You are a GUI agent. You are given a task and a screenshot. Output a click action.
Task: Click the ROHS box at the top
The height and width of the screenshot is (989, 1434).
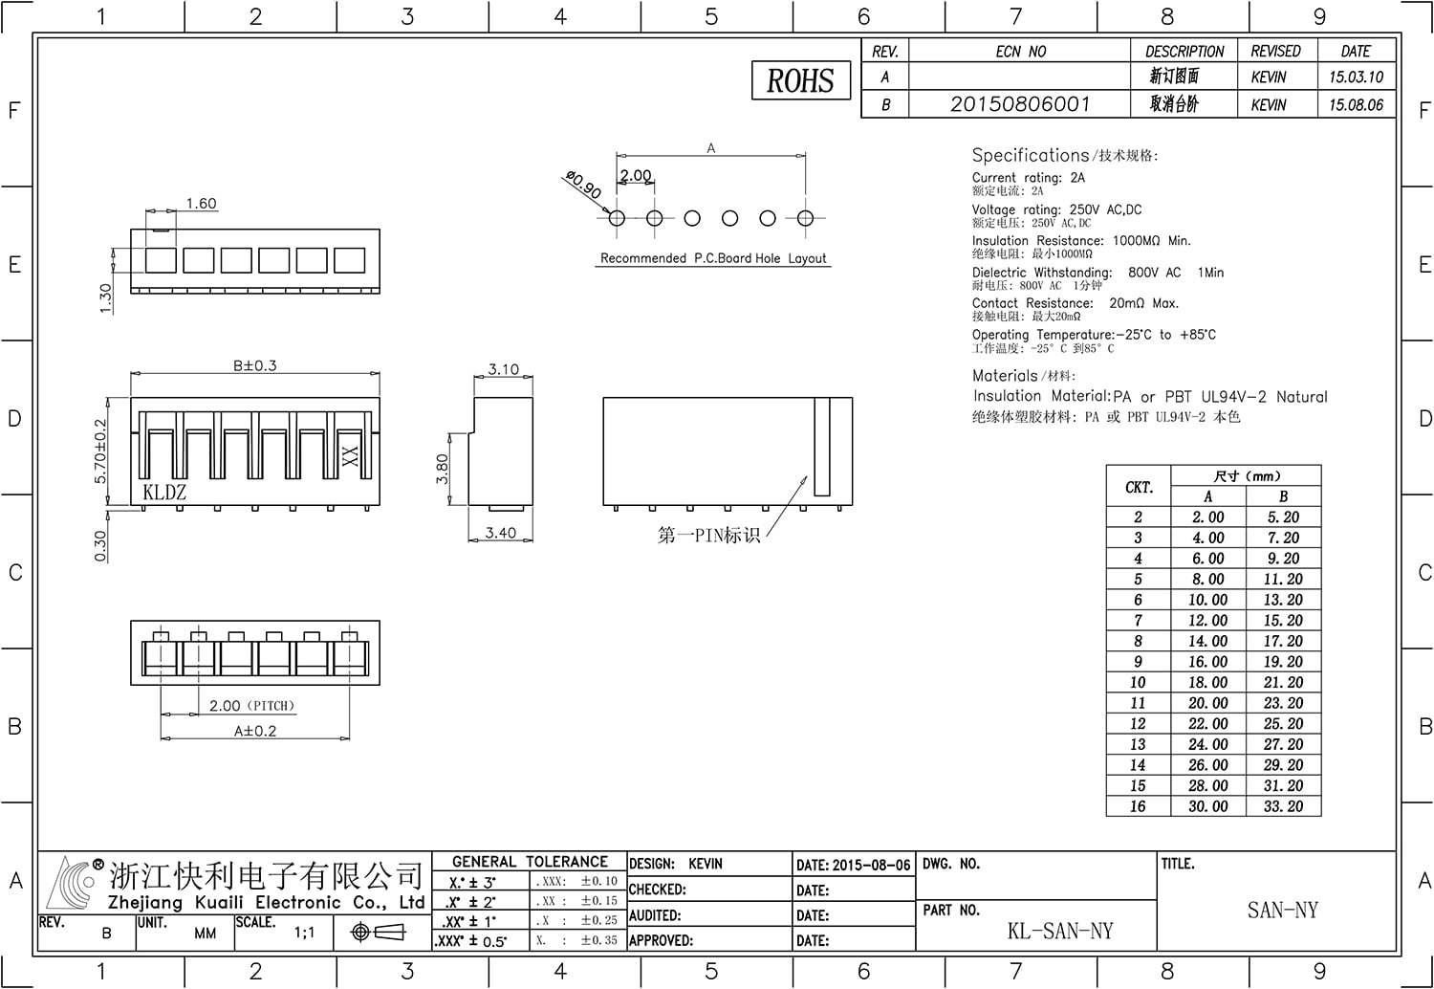coord(801,80)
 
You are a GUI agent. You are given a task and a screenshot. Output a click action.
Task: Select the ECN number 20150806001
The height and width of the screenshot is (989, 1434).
coord(1020,103)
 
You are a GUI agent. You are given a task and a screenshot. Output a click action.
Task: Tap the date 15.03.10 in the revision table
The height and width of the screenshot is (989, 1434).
coord(1356,77)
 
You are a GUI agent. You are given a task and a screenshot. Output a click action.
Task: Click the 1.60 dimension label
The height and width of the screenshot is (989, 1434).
coord(201,204)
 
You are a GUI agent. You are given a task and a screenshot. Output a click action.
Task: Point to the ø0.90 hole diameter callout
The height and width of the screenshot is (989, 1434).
coord(584,185)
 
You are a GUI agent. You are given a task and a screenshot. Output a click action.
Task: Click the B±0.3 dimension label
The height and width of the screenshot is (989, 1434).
coord(255,365)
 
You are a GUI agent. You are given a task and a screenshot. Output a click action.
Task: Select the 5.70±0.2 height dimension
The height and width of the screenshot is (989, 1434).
coord(100,451)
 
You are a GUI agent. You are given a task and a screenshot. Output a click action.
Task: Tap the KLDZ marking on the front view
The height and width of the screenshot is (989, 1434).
coord(164,492)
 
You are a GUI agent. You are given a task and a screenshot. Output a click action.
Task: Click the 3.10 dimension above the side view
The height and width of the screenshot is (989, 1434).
coord(503,369)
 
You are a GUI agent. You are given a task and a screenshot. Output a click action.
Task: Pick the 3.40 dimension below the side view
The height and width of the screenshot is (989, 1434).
coord(501,533)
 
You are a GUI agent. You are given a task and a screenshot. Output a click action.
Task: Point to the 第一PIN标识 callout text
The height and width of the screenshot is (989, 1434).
coord(708,535)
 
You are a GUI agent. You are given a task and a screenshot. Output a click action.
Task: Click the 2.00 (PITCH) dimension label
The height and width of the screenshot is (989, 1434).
coord(251,706)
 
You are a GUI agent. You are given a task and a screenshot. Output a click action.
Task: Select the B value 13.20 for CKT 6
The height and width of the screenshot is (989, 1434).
coord(1283,600)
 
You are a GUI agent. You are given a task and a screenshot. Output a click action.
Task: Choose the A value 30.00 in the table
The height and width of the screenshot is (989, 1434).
coord(1208,806)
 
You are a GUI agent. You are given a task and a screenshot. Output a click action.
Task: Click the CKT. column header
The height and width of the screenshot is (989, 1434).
coord(1139,488)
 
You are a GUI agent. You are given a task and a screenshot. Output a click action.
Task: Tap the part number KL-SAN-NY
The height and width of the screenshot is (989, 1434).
coord(1060,931)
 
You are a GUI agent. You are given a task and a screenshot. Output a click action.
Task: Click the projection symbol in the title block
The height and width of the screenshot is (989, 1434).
coord(379,932)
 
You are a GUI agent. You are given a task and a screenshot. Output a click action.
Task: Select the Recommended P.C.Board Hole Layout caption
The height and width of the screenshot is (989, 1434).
coord(713,258)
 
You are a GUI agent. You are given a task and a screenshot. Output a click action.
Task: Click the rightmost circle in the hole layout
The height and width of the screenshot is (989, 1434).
coord(805,218)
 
